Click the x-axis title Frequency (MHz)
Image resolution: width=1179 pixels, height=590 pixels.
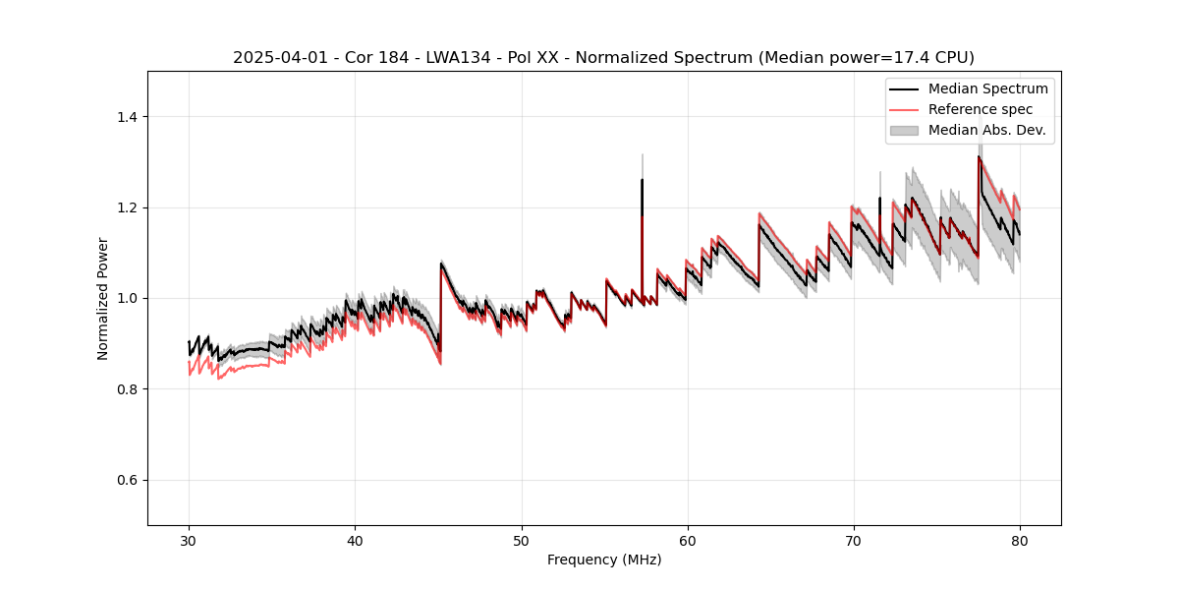click(604, 560)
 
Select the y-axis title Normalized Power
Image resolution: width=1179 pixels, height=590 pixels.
click(103, 298)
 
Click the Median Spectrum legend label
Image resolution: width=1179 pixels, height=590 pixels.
click(987, 89)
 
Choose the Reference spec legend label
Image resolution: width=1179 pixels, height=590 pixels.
click(981, 109)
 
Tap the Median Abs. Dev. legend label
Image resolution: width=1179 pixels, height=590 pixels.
click(987, 130)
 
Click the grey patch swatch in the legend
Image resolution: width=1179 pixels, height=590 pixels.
click(904, 130)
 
